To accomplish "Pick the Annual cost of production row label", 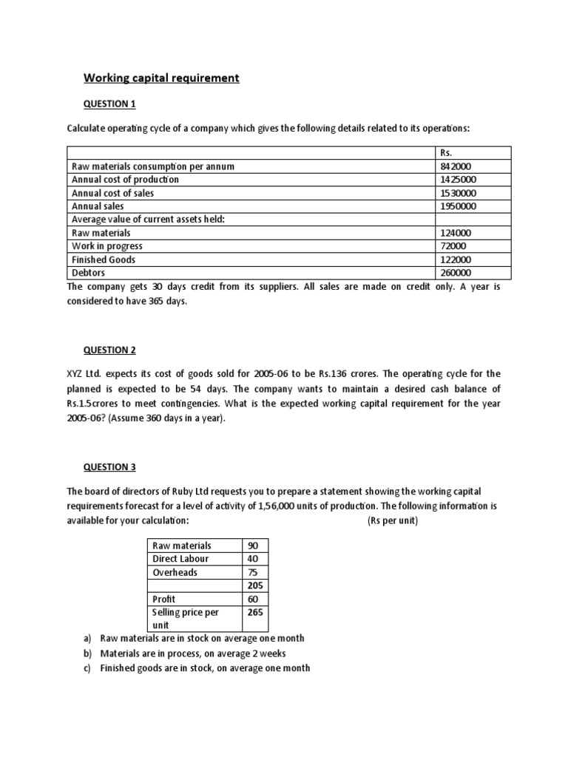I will pyautogui.click(x=125, y=180).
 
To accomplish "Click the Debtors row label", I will pyautogui.click(x=88, y=273).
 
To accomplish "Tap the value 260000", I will pyautogui.click(x=455, y=273).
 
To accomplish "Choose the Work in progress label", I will pyautogui.click(x=107, y=246).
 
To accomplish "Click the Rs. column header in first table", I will pyautogui.click(x=446, y=152).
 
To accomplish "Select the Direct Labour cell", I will pyautogui.click(x=180, y=559).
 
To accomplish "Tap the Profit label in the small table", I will pyautogui.click(x=163, y=599).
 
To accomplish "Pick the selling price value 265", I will pyautogui.click(x=256, y=613).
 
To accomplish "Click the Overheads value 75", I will pyautogui.click(x=253, y=572).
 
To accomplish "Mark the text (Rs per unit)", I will pyautogui.click(x=392, y=521).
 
